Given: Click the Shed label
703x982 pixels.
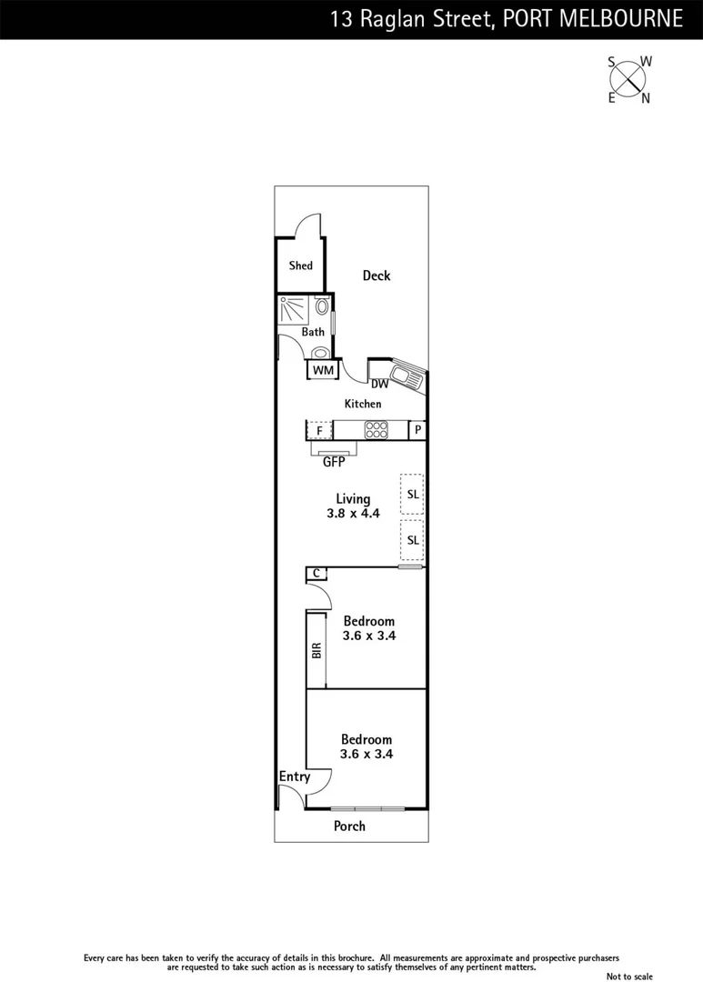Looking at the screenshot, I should [301, 266].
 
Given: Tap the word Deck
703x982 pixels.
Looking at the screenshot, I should [377, 276].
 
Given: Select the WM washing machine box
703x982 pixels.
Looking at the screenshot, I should [323, 370].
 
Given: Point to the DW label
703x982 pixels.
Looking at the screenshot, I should [379, 385].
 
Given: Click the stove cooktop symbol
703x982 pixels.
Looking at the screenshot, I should [375, 430].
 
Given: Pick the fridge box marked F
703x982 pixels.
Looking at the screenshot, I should [319, 430].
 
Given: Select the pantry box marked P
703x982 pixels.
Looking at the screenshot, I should [417, 430].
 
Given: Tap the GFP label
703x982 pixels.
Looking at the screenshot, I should [335, 461].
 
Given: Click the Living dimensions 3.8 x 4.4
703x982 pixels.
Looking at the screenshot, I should [353, 513].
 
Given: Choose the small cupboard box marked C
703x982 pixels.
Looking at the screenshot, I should [316, 573].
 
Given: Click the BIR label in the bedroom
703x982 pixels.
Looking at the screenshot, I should [316, 650].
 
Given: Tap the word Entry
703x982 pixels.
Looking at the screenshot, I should [295, 777].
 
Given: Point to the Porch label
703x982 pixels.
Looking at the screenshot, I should [350, 826].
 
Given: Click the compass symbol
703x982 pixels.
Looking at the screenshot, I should [628, 79].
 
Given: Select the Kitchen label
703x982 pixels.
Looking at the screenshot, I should [363, 404].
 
